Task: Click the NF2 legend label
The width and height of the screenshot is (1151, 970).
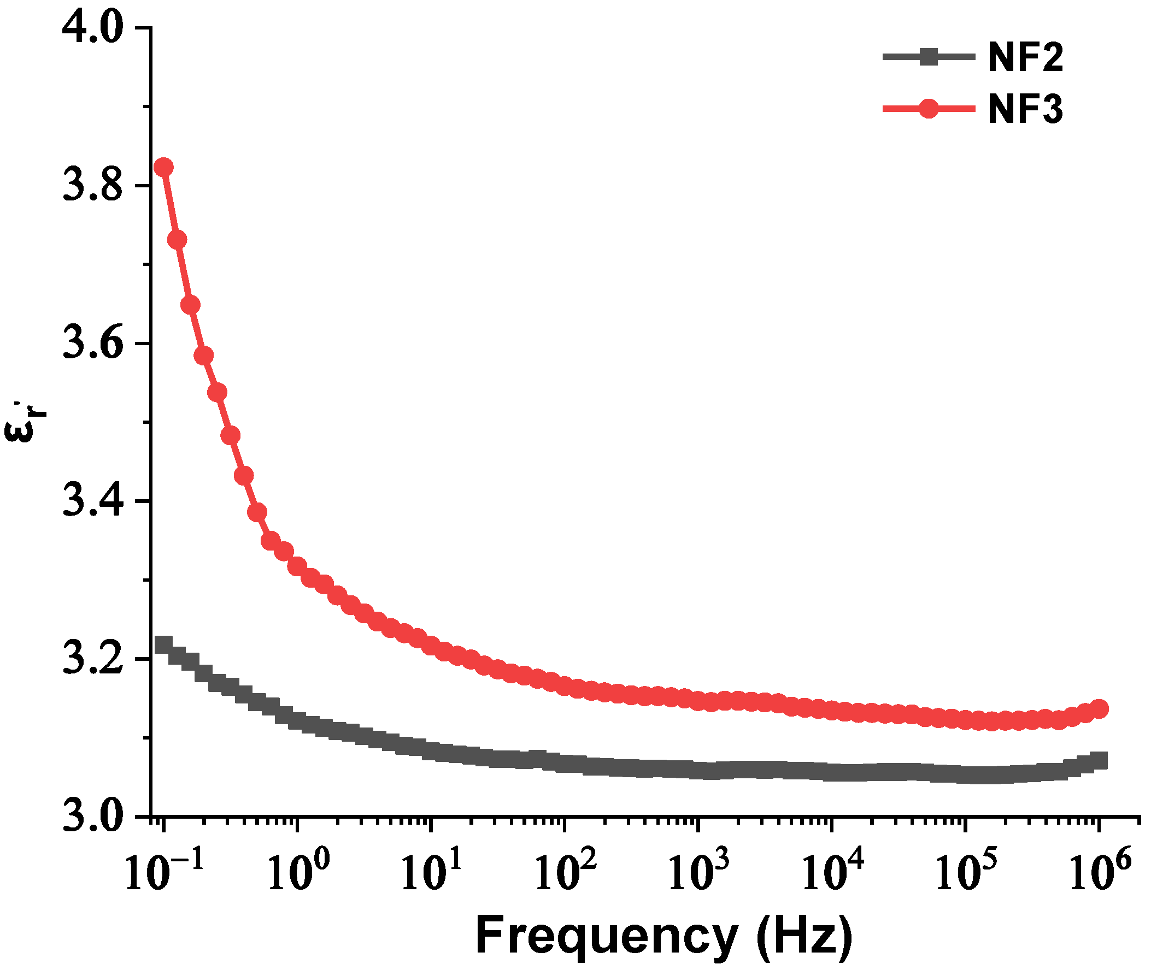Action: tap(1025, 58)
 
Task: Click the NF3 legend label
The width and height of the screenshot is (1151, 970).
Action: tap(1025, 109)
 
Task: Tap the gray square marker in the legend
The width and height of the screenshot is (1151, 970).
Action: tap(929, 57)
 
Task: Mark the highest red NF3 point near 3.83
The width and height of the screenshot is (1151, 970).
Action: tap(163, 167)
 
